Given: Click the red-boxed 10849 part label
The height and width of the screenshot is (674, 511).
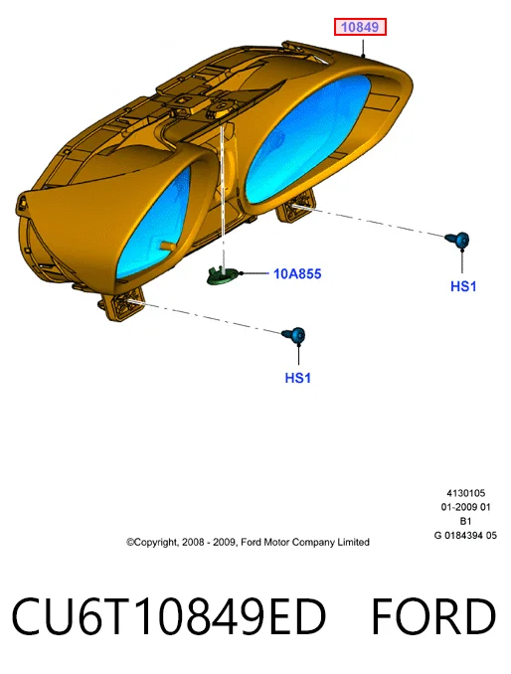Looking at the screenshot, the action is click(x=360, y=27).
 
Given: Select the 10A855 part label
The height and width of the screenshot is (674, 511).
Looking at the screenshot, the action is click(x=297, y=273).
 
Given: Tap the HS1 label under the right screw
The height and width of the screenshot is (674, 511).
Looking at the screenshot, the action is click(x=463, y=286).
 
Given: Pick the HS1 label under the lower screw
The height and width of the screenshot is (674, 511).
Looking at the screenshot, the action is click(x=297, y=378).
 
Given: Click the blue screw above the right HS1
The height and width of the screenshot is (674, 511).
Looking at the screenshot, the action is click(x=457, y=240).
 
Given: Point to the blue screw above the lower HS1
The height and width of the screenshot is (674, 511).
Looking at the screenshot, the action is click(x=294, y=335).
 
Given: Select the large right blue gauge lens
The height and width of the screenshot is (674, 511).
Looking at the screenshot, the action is click(x=307, y=138).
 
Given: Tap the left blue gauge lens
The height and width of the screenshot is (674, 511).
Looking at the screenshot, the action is click(x=154, y=223).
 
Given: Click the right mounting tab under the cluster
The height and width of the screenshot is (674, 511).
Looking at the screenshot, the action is click(x=296, y=207).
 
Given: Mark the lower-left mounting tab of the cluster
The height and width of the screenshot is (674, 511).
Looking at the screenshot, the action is click(x=124, y=304).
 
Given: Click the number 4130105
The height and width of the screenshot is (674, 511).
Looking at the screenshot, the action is click(x=466, y=493).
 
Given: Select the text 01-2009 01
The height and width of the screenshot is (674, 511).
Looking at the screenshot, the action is click(x=465, y=507).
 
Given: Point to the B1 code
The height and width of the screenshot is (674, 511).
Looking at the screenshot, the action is click(x=465, y=521).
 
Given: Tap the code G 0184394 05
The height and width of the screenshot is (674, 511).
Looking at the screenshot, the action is click(x=465, y=536).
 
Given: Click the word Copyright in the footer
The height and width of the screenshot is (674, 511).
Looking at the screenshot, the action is click(x=152, y=543).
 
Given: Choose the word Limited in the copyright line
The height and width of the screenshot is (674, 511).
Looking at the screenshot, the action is click(x=353, y=542).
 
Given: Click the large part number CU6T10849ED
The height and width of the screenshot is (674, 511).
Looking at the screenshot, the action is click(x=168, y=616).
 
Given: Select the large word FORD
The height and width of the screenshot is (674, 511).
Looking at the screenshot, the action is click(x=433, y=616).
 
